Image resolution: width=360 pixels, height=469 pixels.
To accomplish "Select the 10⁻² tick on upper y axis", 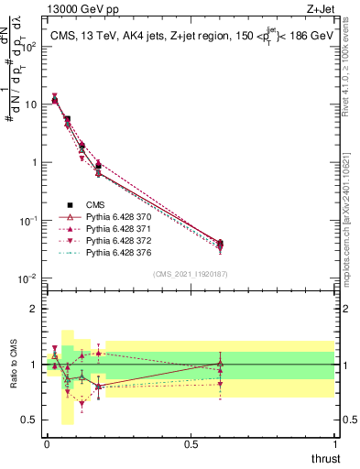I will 29,278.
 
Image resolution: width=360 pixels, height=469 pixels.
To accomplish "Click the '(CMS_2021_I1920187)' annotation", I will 190,273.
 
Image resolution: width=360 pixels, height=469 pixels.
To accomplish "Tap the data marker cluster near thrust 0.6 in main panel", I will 219,244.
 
